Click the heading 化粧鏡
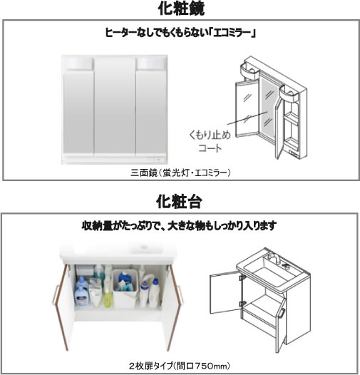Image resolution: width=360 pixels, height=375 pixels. (x=181, y=9)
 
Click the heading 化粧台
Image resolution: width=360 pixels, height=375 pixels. (x=179, y=201)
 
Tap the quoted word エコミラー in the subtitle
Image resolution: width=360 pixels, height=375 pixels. (x=231, y=33)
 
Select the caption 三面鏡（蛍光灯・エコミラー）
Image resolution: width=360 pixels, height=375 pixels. (x=180, y=173)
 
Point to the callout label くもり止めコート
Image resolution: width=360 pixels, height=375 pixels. (x=210, y=141)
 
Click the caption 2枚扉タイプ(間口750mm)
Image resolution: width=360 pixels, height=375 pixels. (x=180, y=366)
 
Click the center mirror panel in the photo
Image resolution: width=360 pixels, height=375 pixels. (x=115, y=106)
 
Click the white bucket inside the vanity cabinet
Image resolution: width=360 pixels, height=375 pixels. (x=125, y=288)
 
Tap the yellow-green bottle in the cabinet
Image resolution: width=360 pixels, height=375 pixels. (x=108, y=294)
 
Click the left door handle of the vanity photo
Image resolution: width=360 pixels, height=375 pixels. (x=55, y=294)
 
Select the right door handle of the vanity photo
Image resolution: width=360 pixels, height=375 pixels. (x=181, y=294)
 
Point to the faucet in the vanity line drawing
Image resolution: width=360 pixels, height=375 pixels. (x=274, y=258)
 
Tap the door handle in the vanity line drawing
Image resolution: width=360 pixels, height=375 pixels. (x=281, y=314)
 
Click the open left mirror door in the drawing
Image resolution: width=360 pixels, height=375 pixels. (x=247, y=109)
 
